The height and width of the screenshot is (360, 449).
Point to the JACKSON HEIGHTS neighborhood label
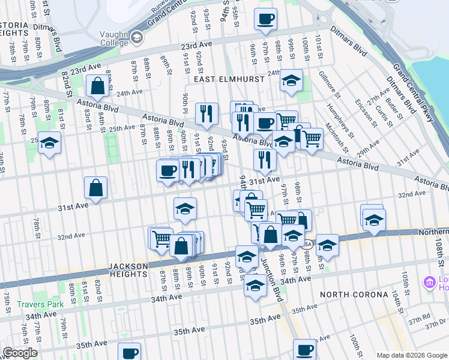(128, 270)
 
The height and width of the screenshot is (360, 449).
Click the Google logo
(20, 353)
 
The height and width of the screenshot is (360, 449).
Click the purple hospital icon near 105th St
(430, 282)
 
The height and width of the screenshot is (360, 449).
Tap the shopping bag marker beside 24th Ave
(96, 86)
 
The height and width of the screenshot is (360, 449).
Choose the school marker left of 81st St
(50, 143)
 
